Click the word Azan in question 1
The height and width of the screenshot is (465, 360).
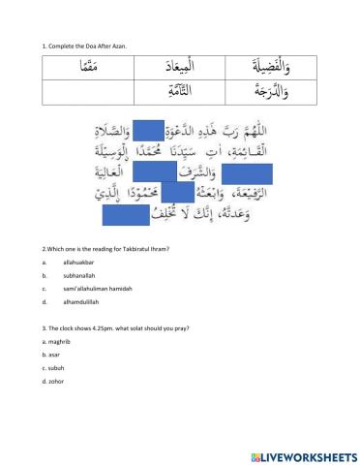click(118, 46)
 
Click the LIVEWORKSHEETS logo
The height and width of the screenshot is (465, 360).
click(303, 455)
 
